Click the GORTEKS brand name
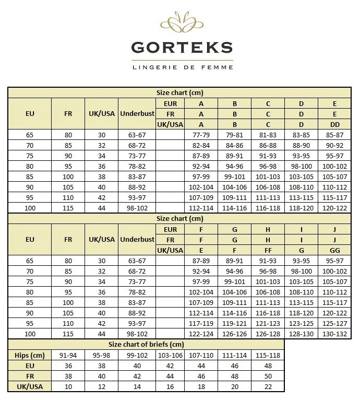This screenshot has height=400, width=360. pos(182,48)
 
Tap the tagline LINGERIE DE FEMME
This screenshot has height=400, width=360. pos(182,67)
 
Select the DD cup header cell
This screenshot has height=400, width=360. pos(334,124)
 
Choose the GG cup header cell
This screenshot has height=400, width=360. pos(334,250)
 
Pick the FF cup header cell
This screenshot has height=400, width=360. pos(268,250)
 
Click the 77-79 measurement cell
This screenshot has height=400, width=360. pos(201,135)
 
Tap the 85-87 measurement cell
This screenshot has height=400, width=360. pos(334,135)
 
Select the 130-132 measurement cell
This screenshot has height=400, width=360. pos(334,334)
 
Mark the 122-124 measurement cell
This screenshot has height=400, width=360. pos(201,334)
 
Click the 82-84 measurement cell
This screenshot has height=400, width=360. pos(201,145)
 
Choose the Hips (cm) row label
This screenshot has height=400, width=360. pos(30,355)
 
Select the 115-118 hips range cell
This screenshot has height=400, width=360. pos(268,355)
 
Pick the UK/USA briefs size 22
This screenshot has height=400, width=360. pos(268,386)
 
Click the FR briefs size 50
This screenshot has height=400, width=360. pos(268,376)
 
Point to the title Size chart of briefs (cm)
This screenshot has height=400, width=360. pos(146,344)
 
